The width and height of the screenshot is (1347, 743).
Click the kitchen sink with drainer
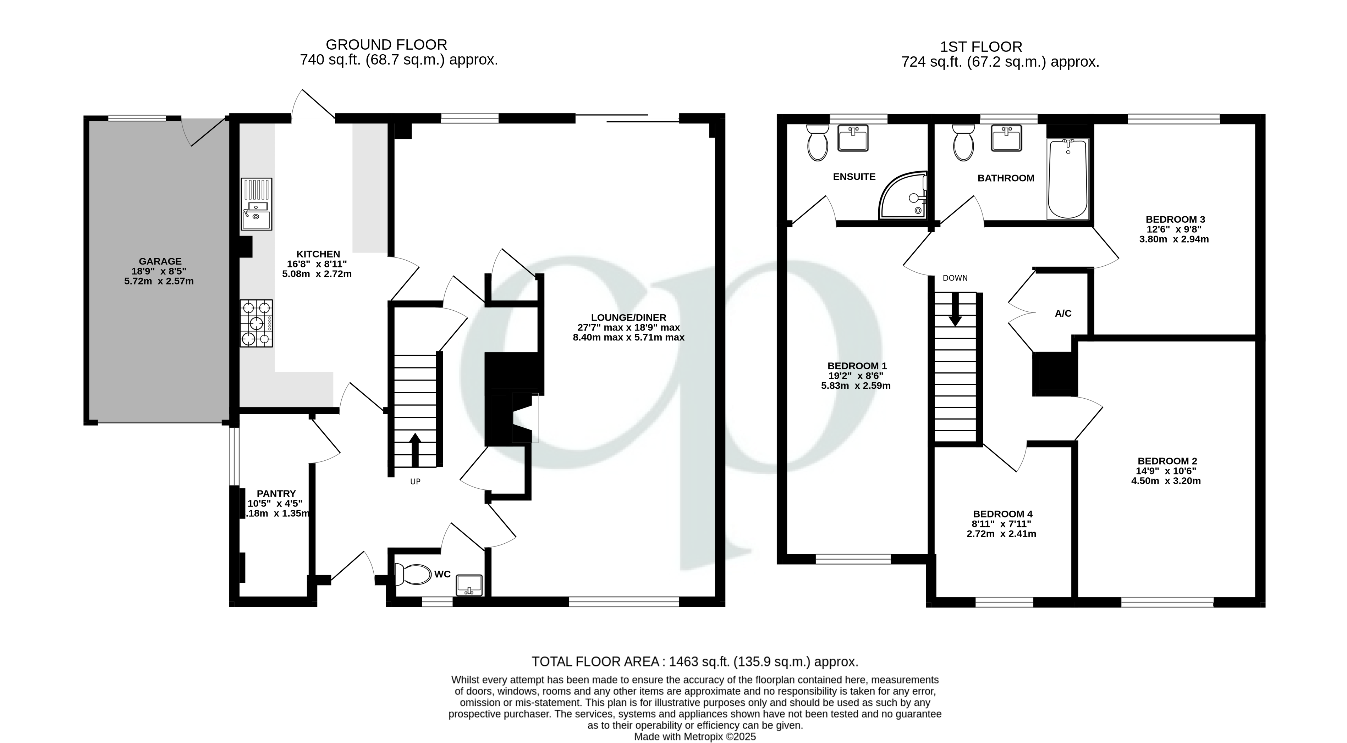point(256,204)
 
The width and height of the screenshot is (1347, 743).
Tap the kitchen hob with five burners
point(256,323)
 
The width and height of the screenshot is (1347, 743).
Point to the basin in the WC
point(469,585)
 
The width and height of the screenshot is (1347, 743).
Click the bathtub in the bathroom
point(1068,179)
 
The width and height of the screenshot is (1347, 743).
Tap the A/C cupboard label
point(1063,314)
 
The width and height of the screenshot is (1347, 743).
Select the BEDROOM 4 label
point(1002,514)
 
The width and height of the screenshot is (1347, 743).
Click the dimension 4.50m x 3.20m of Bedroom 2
point(1166,481)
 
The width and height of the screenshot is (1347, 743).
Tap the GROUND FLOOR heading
point(386,45)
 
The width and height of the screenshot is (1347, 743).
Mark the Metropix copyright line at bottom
point(694,737)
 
